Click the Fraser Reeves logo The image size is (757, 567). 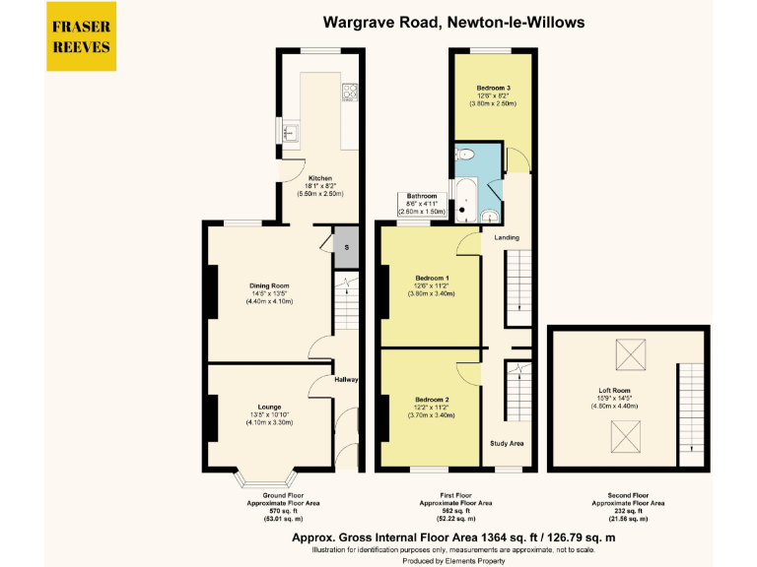[82, 37]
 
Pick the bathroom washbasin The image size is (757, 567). [490, 216]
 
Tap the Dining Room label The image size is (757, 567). [269, 286]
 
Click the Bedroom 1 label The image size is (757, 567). [432, 278]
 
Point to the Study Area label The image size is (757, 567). [507, 444]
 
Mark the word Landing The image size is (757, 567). [507, 238]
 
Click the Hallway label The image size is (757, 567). [346, 380]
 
